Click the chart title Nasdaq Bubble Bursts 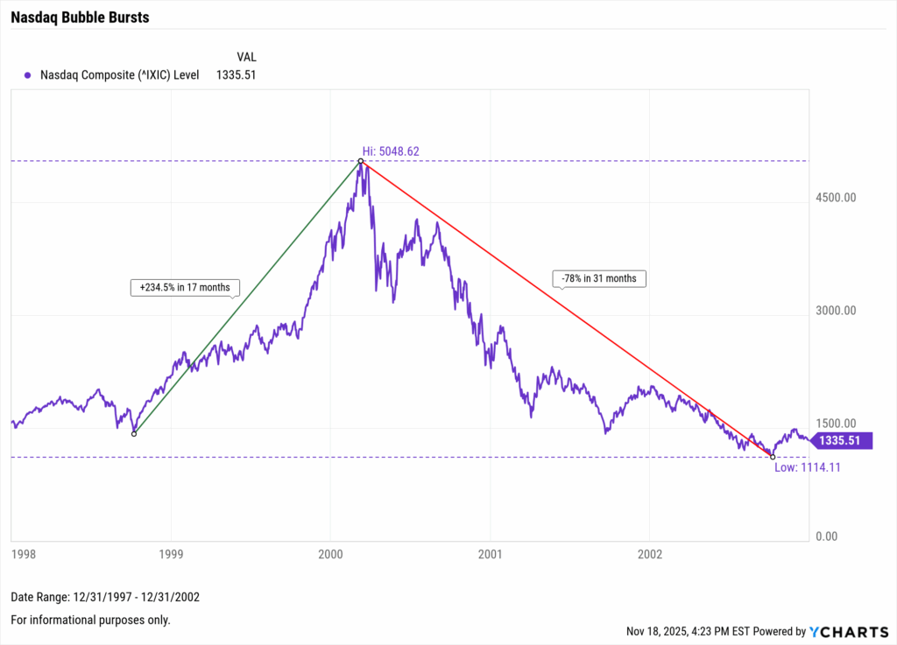(80, 18)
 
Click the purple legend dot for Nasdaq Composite (28, 75)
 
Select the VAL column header (246, 57)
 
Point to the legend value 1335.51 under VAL (236, 75)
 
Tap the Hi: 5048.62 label (391, 151)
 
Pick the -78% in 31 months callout (600, 279)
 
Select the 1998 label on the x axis (23, 554)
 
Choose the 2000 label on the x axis (330, 554)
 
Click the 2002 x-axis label (650, 554)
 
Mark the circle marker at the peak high (361, 161)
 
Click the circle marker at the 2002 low (772, 456)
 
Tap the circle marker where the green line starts (134, 434)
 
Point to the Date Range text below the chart (105, 597)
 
